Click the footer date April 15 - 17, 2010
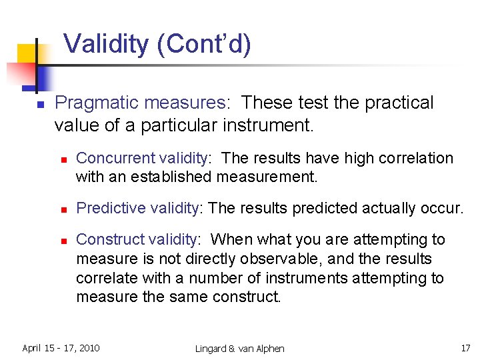(x=61, y=348)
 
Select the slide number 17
(x=465, y=348)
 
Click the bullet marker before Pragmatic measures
(x=40, y=105)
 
